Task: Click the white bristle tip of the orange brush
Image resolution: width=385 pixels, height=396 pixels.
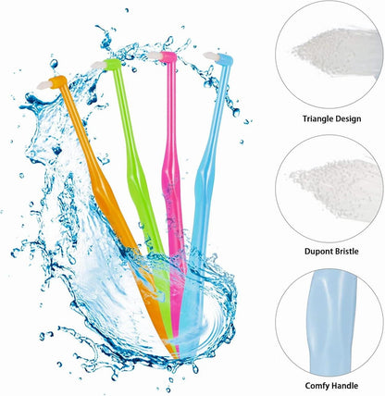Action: (43, 85)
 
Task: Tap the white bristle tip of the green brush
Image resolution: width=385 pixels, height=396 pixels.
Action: (98, 65)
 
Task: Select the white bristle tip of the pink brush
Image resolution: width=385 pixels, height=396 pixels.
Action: (154, 56)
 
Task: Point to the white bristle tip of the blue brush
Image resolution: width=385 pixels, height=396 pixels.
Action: (210, 56)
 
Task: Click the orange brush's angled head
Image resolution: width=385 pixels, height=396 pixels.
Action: (58, 82)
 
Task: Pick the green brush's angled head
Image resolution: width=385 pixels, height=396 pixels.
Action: (112, 64)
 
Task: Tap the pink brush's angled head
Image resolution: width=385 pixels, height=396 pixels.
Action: (168, 57)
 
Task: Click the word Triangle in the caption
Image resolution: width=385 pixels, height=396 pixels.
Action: (317, 119)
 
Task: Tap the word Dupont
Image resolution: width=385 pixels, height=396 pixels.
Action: (317, 252)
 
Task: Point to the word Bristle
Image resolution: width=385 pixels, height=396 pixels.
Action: (346, 252)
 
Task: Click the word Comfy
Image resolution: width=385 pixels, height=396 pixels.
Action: (317, 386)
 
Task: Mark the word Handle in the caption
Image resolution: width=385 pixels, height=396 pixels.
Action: (345, 386)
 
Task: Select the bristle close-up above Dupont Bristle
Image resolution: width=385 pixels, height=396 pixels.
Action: (337, 188)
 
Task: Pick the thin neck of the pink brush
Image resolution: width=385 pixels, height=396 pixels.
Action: (169, 108)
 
